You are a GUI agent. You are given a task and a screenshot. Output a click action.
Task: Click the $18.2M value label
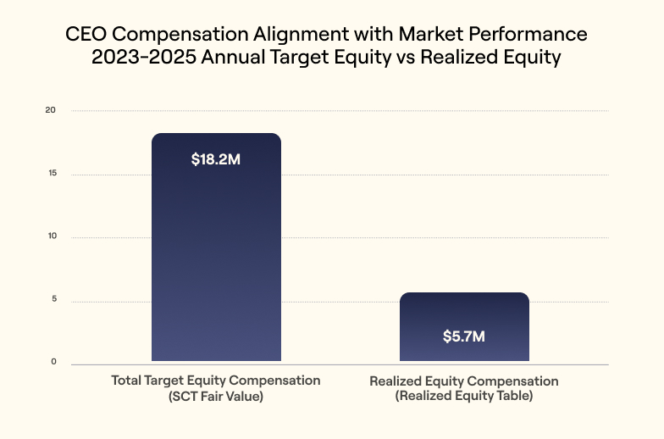tap(216, 159)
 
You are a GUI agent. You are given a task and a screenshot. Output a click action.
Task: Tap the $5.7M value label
tap(463, 336)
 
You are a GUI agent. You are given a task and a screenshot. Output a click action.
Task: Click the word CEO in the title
tap(85, 36)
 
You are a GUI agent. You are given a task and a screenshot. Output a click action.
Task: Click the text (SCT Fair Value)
tap(216, 396)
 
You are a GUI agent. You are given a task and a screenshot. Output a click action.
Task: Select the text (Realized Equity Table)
tap(463, 396)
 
